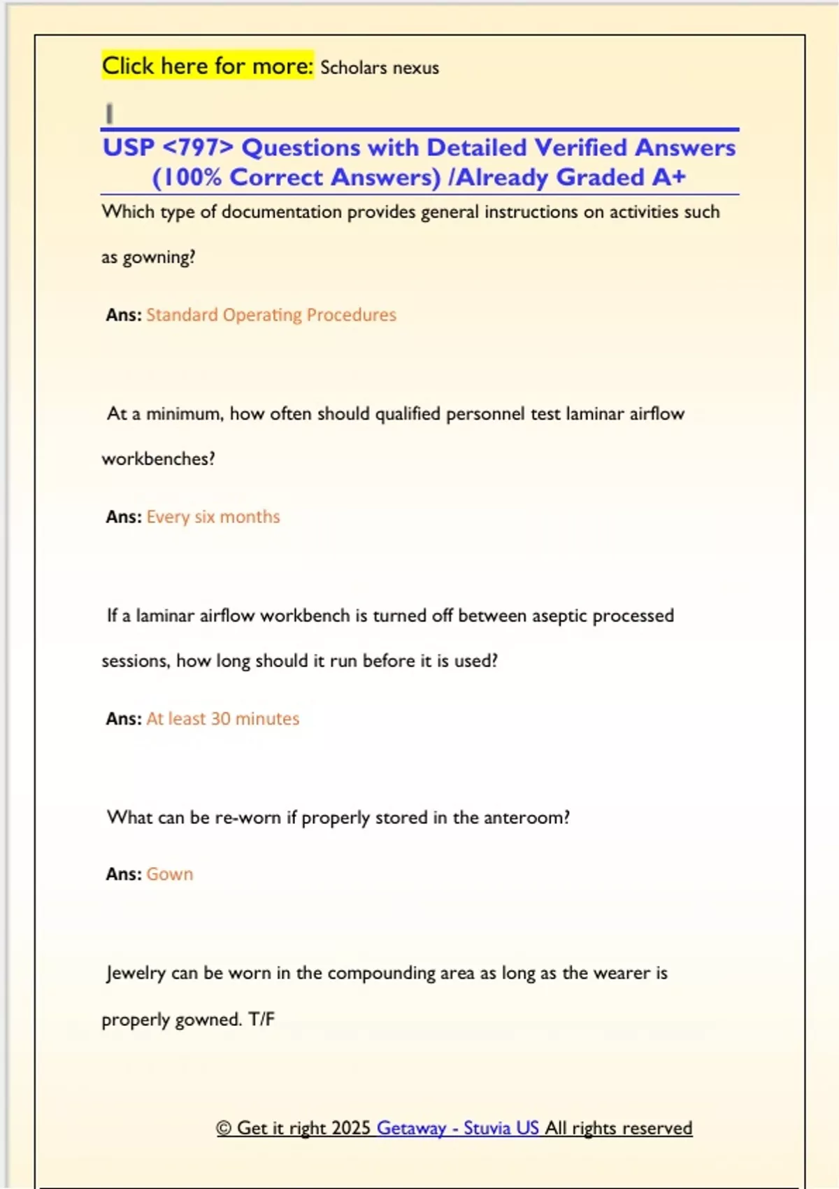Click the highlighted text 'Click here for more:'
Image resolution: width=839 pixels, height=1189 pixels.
tap(208, 66)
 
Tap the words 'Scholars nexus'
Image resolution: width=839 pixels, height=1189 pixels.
tap(380, 68)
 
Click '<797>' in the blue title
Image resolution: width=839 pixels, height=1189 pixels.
tap(198, 148)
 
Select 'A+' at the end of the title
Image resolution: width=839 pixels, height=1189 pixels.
tap(669, 178)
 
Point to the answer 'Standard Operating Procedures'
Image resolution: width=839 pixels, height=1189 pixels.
tap(271, 315)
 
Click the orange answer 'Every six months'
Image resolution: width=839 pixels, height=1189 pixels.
tap(213, 517)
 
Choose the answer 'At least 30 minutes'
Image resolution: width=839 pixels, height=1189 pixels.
tap(223, 719)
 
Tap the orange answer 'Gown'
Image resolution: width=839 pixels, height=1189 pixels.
tap(170, 874)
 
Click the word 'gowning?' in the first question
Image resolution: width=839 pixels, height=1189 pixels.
tap(159, 258)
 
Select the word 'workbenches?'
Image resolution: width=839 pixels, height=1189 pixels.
tap(159, 459)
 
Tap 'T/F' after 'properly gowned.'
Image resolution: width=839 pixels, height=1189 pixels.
tap(261, 1019)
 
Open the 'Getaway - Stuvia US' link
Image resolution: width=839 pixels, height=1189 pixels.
tap(458, 1128)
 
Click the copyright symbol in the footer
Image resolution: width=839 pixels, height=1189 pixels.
tap(224, 1128)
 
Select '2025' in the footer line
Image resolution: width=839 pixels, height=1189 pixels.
tap(351, 1128)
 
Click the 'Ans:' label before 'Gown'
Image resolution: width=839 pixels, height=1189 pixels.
tap(124, 874)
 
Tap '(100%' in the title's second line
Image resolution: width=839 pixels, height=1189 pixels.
tap(187, 178)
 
